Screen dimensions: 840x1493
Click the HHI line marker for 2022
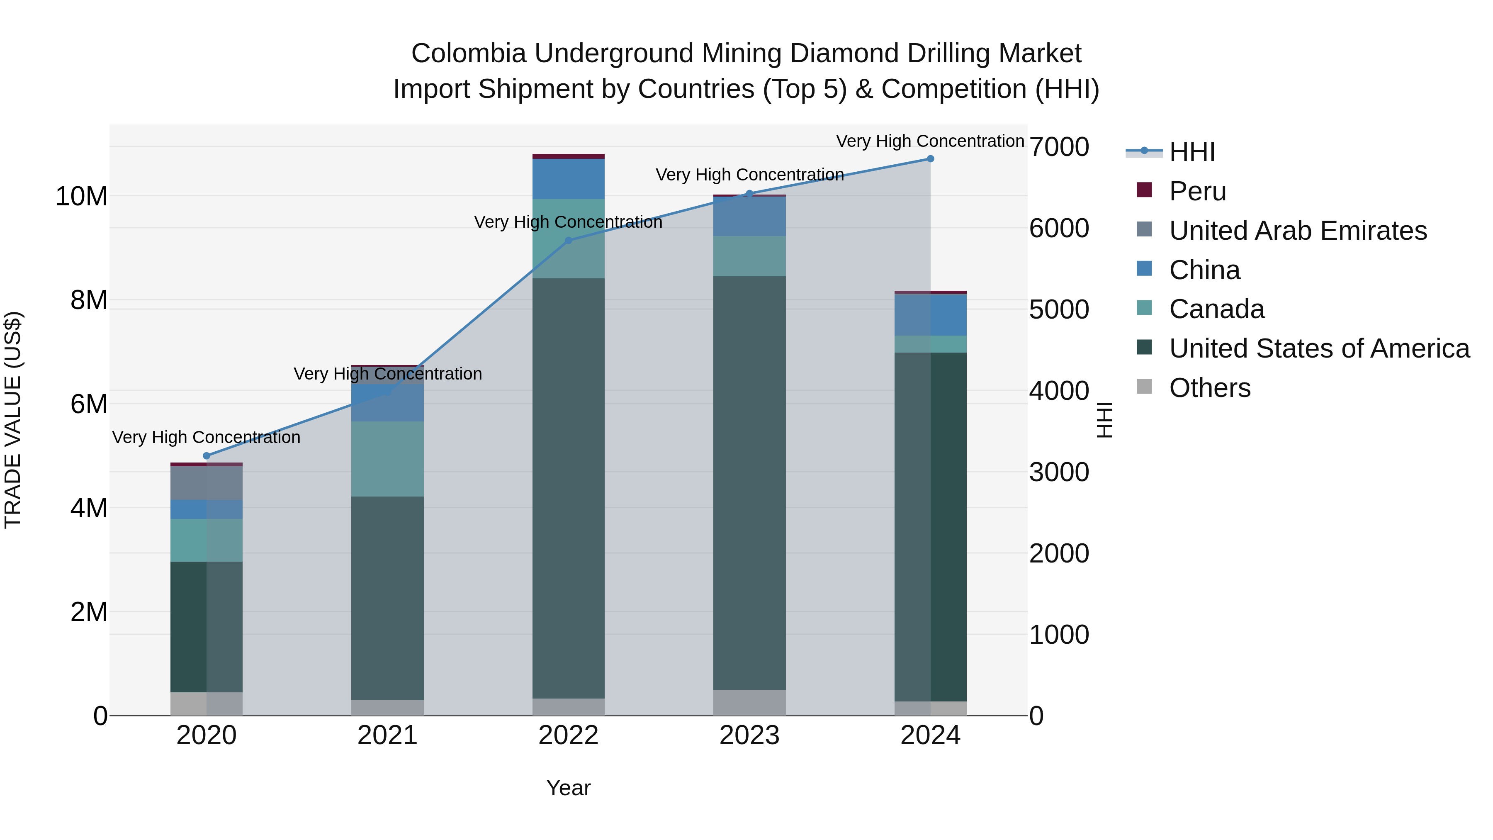(568, 241)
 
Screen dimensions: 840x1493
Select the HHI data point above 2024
(930, 159)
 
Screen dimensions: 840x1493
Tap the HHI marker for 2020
(207, 455)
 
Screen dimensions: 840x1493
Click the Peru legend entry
(1197, 191)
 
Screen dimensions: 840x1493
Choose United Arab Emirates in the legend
(1297, 231)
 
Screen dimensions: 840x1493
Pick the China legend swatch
(1144, 269)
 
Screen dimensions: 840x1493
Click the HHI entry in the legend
(1191, 152)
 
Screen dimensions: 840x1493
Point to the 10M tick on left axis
(81, 197)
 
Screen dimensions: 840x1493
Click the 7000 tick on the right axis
(1058, 147)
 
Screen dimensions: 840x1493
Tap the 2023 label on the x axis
(749, 735)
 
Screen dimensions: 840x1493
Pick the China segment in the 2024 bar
(930, 315)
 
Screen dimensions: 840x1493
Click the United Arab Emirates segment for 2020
(207, 483)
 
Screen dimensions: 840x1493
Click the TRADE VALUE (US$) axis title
(13, 420)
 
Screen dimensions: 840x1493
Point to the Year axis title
(568, 788)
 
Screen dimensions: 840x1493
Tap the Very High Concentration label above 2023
(749, 175)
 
